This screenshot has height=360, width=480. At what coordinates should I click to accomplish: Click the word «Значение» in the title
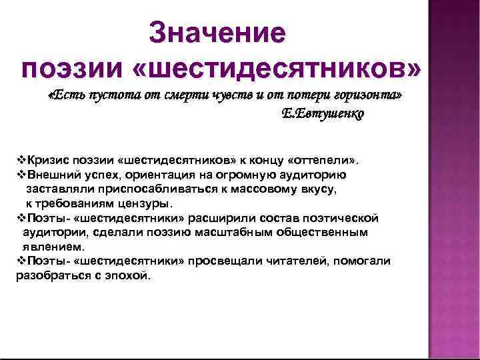[x=217, y=32]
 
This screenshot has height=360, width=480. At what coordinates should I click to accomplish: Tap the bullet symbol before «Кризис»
[x=20, y=161]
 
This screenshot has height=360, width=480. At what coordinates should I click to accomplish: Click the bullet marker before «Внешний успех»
[x=20, y=175]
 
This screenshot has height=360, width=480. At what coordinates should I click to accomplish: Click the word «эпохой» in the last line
[x=129, y=275]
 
